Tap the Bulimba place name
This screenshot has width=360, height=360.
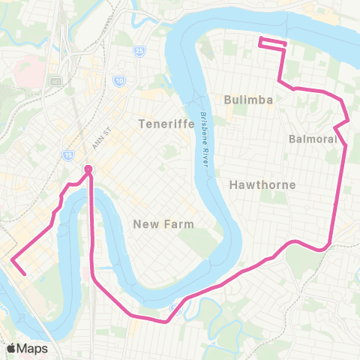(x=247, y=99)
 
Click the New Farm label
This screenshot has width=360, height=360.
(x=163, y=223)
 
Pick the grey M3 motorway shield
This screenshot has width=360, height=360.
(x=55, y=81)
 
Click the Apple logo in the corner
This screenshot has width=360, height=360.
(x=11, y=348)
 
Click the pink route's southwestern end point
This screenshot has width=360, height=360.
(x=25, y=274)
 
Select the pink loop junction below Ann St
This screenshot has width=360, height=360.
(x=88, y=169)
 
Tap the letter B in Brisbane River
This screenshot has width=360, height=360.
(x=201, y=115)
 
